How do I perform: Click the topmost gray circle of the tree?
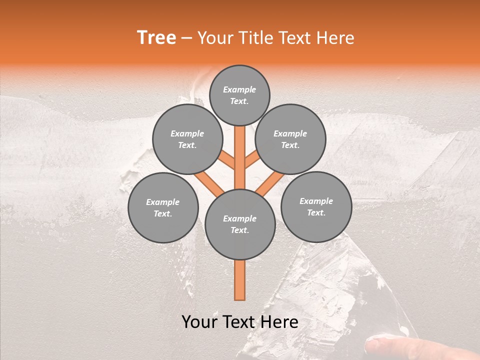point(239,95)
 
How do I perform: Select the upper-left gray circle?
point(187,139)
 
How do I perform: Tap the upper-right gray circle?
point(290,139)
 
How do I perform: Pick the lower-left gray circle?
point(163,207)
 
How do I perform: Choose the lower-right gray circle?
point(316,206)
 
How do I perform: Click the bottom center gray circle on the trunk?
point(240,224)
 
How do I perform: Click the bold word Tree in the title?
point(156,37)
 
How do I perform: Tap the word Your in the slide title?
point(215,38)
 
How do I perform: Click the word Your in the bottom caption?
point(200,322)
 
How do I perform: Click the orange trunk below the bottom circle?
point(240,280)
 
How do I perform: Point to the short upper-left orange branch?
point(227,160)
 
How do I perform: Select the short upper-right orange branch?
point(251,160)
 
